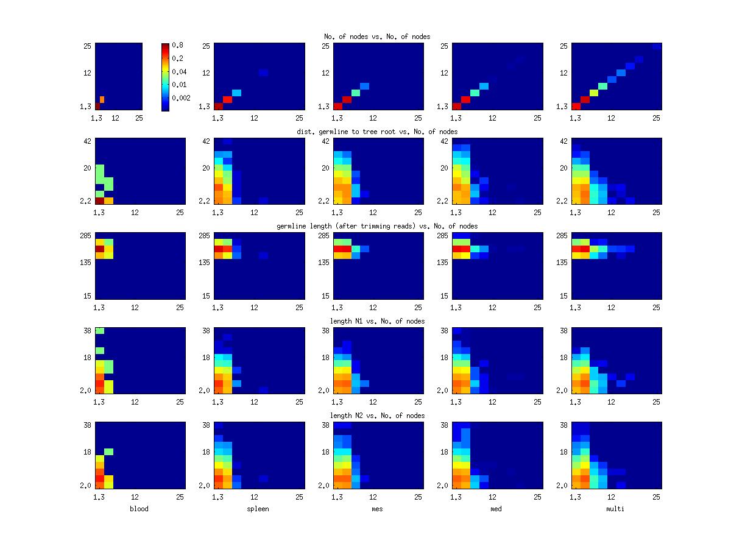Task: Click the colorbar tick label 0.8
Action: tap(178, 45)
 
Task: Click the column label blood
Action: tap(139, 509)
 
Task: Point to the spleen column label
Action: tap(257, 509)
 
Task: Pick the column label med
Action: tap(496, 509)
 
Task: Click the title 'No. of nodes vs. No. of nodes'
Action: tap(377, 37)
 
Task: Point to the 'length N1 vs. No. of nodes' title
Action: tap(377, 321)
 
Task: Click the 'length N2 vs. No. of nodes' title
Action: tap(377, 416)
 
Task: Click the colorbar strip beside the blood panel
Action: tap(165, 77)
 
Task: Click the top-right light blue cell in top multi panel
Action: tap(656, 46)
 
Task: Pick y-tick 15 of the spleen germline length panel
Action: tap(207, 296)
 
